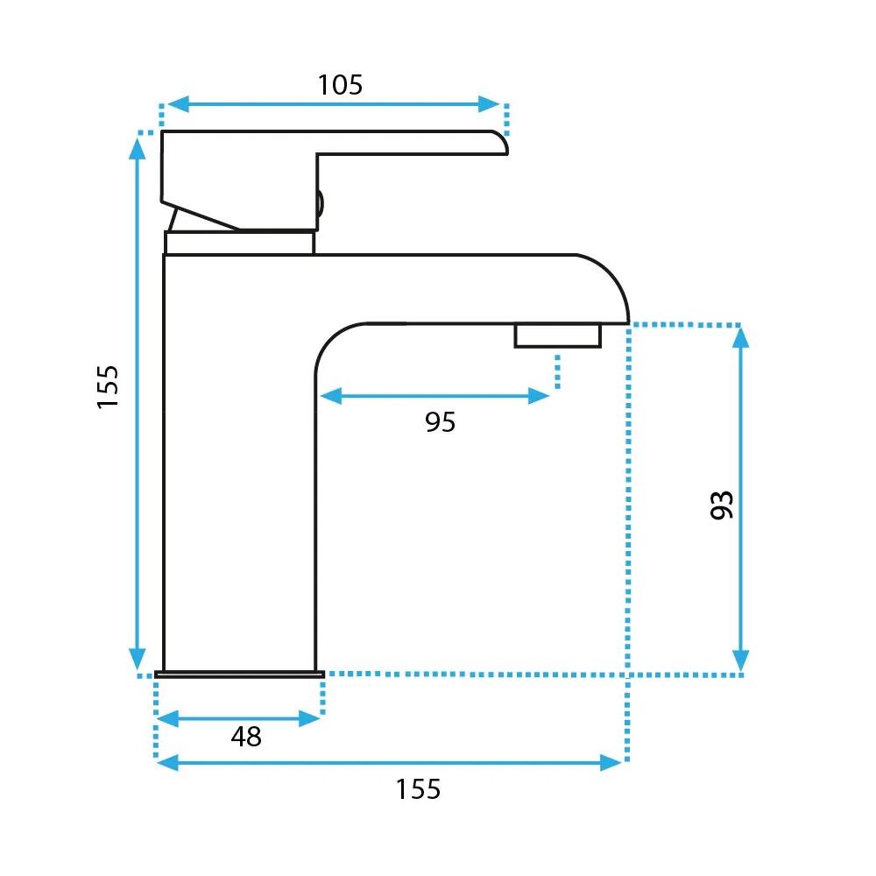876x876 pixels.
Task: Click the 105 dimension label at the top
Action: [x=340, y=85]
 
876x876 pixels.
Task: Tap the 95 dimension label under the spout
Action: [x=441, y=422]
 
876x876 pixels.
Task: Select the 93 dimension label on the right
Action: [x=722, y=505]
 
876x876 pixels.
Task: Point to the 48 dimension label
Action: [x=246, y=737]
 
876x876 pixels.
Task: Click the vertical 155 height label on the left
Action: [x=108, y=387]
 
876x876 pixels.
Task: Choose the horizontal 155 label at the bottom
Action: [x=418, y=789]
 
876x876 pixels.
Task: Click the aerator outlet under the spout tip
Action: [x=557, y=336]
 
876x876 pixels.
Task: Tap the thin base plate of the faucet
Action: [x=240, y=675]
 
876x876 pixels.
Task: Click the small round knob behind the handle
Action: [x=320, y=204]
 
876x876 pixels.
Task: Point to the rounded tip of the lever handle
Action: [x=501, y=142]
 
